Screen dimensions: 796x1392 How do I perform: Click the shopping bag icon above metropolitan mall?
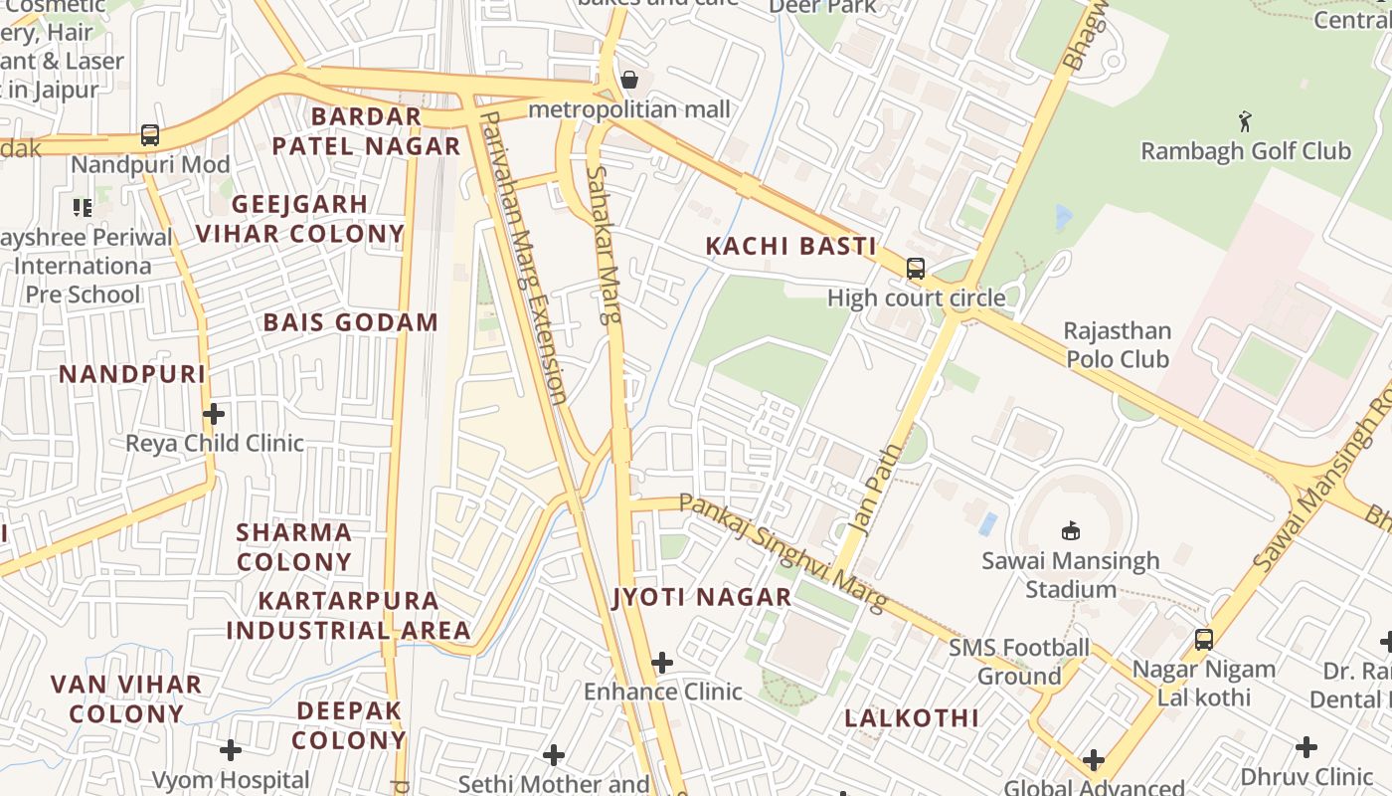[x=628, y=80]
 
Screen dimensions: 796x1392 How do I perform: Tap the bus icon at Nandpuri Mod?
[x=150, y=134]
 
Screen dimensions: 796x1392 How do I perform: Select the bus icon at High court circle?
[x=915, y=269]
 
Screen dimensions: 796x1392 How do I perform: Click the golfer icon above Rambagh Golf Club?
[x=1245, y=121]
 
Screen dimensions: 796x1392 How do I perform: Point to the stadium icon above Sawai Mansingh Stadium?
[x=1071, y=530]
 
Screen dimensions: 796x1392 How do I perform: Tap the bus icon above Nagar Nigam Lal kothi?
[x=1204, y=639]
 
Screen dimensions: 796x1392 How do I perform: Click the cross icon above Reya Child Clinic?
[x=214, y=413]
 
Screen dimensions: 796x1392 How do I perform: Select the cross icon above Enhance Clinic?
[x=662, y=662]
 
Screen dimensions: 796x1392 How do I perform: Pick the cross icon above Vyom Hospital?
[x=231, y=749]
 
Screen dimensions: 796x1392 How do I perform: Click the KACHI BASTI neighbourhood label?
[x=791, y=246]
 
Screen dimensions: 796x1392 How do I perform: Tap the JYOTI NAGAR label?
[x=702, y=597]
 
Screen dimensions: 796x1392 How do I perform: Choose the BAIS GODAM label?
[x=350, y=322]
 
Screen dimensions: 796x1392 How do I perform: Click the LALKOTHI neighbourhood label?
[x=912, y=717]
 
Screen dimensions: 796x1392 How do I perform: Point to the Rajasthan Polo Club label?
[x=1118, y=344]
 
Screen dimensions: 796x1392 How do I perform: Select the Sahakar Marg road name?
[x=603, y=245]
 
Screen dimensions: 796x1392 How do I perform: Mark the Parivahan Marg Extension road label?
[x=524, y=257]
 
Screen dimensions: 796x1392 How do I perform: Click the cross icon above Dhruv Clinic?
[x=1306, y=746]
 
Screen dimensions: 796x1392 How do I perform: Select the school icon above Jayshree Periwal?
[x=83, y=207]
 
